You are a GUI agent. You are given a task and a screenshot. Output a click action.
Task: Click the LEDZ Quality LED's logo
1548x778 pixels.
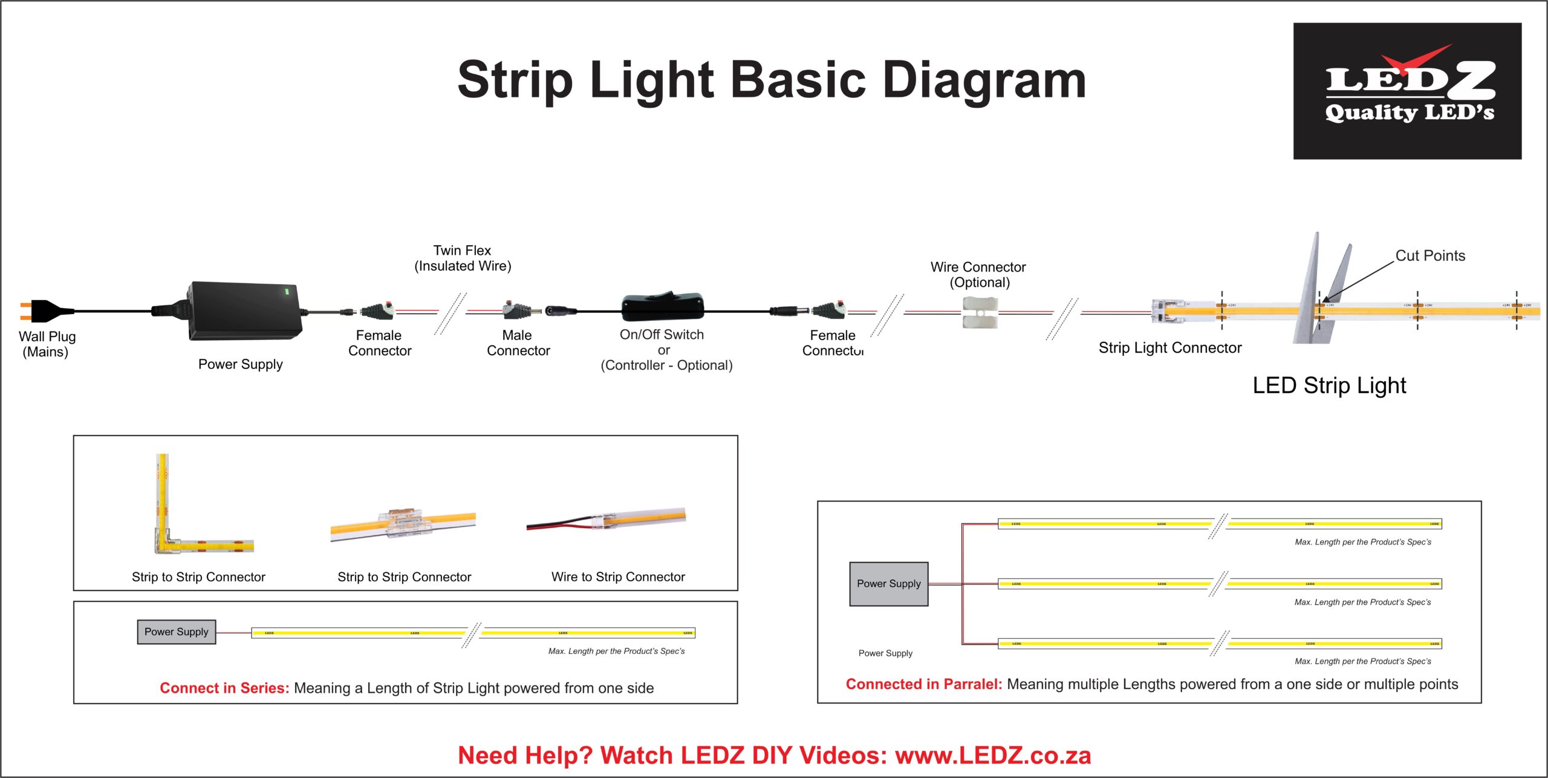point(1407,91)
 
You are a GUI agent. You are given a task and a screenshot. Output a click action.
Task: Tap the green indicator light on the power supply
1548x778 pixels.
point(287,292)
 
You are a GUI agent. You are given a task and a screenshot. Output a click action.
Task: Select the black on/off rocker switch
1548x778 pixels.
point(663,307)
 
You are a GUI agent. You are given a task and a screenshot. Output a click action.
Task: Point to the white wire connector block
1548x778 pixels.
point(979,312)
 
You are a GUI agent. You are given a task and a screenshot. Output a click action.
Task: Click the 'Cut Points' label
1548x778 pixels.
point(1430,256)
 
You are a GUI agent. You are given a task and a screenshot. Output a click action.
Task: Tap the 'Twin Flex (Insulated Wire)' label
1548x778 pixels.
point(463,258)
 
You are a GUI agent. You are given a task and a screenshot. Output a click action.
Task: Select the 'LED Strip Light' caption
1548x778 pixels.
point(1329,385)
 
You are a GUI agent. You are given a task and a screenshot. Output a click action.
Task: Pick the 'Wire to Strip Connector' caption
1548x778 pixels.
point(618,577)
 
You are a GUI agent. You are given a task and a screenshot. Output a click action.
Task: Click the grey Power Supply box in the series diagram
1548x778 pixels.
point(176,632)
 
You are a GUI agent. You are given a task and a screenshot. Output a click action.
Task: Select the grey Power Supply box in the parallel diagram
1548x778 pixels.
point(888,584)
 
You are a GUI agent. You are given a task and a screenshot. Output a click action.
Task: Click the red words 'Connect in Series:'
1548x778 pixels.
point(224,688)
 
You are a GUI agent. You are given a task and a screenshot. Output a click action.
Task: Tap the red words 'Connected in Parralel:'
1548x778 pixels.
point(923,684)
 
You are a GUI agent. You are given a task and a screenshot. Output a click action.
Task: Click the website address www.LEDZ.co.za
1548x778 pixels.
point(993,756)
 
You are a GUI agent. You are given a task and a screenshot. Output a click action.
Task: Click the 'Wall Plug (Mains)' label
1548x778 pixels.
point(47,344)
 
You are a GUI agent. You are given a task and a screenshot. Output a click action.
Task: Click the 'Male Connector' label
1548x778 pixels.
point(518,343)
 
